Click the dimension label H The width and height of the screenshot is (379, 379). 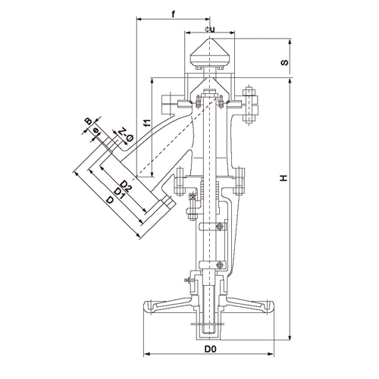(x=283, y=178)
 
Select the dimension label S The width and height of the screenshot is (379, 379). (x=284, y=62)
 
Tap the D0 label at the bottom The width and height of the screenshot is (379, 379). (x=211, y=349)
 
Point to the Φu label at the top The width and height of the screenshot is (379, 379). (x=210, y=30)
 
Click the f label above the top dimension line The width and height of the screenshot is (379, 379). (x=174, y=14)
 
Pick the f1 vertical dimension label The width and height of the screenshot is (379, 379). (x=147, y=123)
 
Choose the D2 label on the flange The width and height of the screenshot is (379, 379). (x=126, y=186)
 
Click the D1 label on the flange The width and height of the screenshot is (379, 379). (x=119, y=193)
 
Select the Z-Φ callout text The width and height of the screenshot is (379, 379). (x=126, y=134)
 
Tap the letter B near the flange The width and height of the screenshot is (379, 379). (x=88, y=121)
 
